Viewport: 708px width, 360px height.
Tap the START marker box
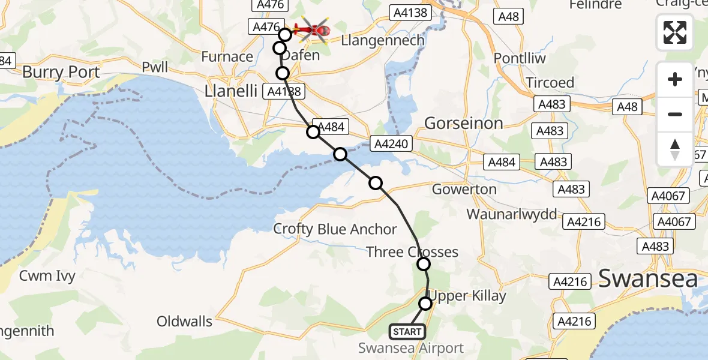(407, 331)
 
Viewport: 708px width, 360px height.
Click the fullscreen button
(675, 32)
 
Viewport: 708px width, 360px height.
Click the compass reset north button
(675, 149)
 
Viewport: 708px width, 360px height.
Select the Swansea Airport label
(411, 348)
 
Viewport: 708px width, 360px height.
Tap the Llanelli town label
(230, 91)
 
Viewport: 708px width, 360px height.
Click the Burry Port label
(61, 73)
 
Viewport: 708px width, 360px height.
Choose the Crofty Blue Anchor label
(335, 229)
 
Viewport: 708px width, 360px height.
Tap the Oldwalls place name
(184, 322)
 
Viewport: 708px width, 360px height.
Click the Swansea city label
(648, 278)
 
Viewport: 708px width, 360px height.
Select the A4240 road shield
(392, 143)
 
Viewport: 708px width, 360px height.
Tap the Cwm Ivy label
(47, 277)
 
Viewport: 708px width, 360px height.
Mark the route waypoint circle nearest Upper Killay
(425, 304)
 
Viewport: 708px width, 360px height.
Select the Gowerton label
(464, 190)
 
